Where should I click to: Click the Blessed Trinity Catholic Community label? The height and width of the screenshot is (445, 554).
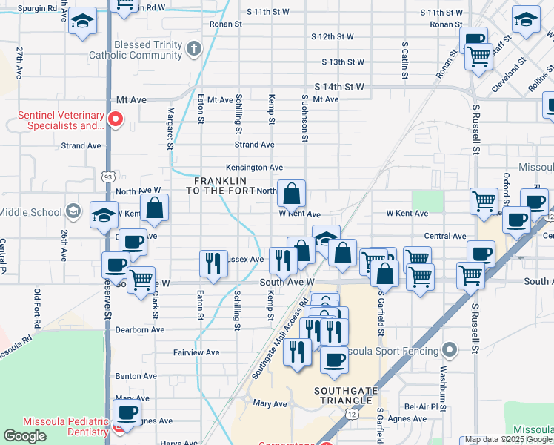click(x=135, y=50)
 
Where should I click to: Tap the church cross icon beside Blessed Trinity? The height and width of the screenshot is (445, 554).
click(x=194, y=50)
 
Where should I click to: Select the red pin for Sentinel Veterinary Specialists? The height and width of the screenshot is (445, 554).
click(x=115, y=119)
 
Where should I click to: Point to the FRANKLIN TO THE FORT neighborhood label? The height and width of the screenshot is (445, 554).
click(x=220, y=186)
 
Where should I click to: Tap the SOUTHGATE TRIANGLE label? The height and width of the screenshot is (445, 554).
click(x=343, y=395)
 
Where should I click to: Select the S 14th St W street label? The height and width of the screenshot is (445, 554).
click(x=339, y=87)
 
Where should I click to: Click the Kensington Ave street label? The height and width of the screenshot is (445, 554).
click(x=255, y=168)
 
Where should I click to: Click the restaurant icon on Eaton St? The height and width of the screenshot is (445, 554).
click(x=213, y=264)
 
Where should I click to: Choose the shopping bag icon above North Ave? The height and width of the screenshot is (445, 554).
click(x=292, y=194)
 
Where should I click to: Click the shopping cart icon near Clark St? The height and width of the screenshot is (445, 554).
click(x=141, y=281)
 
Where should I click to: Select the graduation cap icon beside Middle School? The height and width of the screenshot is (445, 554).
click(x=73, y=212)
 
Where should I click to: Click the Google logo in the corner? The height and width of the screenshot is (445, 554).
click(x=24, y=436)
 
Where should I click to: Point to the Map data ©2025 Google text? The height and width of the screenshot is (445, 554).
click(x=508, y=440)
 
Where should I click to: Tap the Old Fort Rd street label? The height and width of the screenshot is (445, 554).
click(x=37, y=307)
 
